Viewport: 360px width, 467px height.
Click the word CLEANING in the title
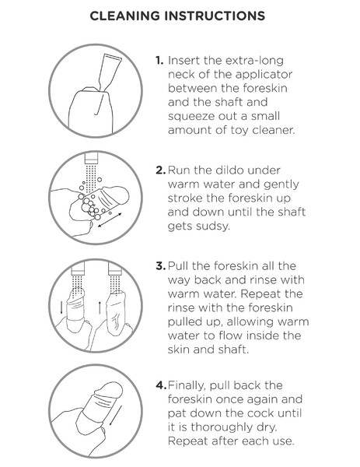click(x=124, y=16)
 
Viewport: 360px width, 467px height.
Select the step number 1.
click(x=159, y=61)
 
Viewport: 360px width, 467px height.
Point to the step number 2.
click(x=160, y=170)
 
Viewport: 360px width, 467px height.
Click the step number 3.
click(x=160, y=266)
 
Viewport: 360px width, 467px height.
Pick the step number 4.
click(x=161, y=385)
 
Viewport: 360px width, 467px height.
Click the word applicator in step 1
click(x=264, y=75)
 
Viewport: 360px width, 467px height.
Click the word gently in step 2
click(x=281, y=184)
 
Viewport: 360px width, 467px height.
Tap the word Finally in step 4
click(x=187, y=386)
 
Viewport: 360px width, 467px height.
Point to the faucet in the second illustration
click(x=91, y=158)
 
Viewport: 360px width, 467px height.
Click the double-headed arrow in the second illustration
click(x=110, y=220)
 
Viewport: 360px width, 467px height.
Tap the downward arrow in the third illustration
click(x=61, y=307)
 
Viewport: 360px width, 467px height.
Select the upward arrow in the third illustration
click(x=100, y=307)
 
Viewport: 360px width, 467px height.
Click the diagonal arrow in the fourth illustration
click(x=115, y=416)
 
